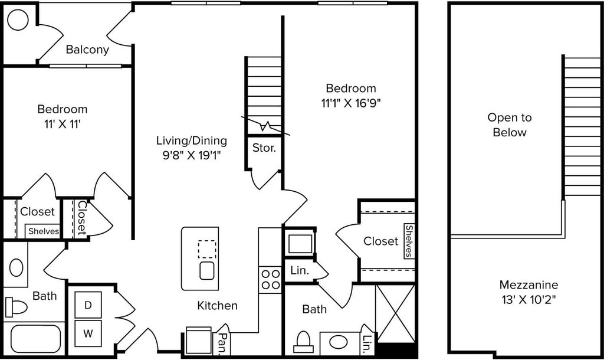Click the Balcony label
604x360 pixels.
click(x=87, y=50)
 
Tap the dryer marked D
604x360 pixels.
click(x=88, y=305)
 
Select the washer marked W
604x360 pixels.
click(x=88, y=333)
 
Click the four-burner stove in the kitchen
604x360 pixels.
click(x=270, y=280)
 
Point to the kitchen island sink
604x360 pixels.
click(x=207, y=270)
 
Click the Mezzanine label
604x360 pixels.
click(x=528, y=285)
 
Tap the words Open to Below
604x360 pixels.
click(x=510, y=125)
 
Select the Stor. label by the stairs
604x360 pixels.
click(x=264, y=148)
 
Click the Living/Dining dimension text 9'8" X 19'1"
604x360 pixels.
click(x=192, y=155)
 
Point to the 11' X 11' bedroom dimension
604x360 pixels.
click(x=62, y=124)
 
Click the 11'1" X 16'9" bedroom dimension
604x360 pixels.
click(x=351, y=103)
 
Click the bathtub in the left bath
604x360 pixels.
click(x=36, y=339)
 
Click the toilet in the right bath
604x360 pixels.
click(x=304, y=342)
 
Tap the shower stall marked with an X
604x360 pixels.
click(x=395, y=313)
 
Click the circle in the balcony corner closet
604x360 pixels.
click(x=18, y=19)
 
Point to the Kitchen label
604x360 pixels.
click(x=217, y=306)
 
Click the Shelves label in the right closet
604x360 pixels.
click(x=409, y=241)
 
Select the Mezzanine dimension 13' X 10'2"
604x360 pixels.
click(x=528, y=299)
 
